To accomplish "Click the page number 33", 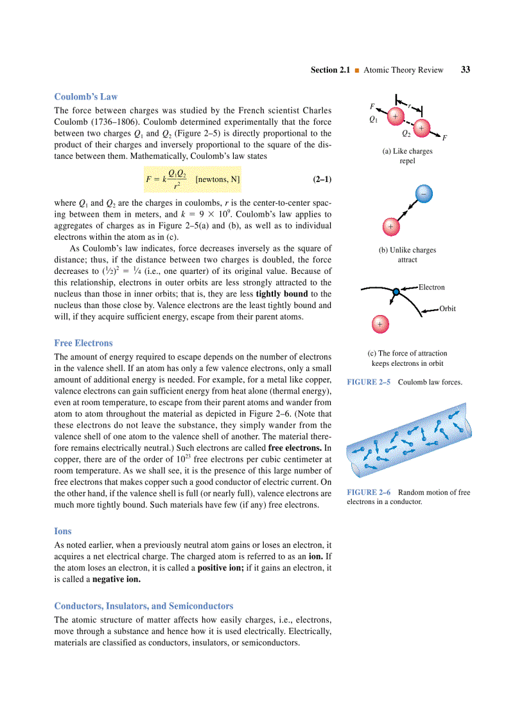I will pos(465,69).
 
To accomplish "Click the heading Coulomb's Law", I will pos(86,97).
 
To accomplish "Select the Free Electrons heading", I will pos(83,343).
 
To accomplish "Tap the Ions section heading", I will pos(63,532).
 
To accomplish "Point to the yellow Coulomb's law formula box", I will pos(192,179).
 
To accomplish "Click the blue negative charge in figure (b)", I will pos(423,193).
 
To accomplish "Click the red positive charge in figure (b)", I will pos(390,226).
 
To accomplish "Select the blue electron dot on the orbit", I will pos(396,292).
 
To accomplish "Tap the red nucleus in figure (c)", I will pos(380,323).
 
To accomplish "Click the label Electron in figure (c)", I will pos(432,287).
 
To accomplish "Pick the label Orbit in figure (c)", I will pos(448,309).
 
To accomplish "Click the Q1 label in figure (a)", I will pos(373,120).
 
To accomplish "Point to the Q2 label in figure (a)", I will pos(406,134).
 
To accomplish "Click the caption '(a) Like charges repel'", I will pos(407,156).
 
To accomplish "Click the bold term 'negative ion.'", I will pos(116,579).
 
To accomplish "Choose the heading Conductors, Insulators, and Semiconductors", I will pos(144,606).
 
